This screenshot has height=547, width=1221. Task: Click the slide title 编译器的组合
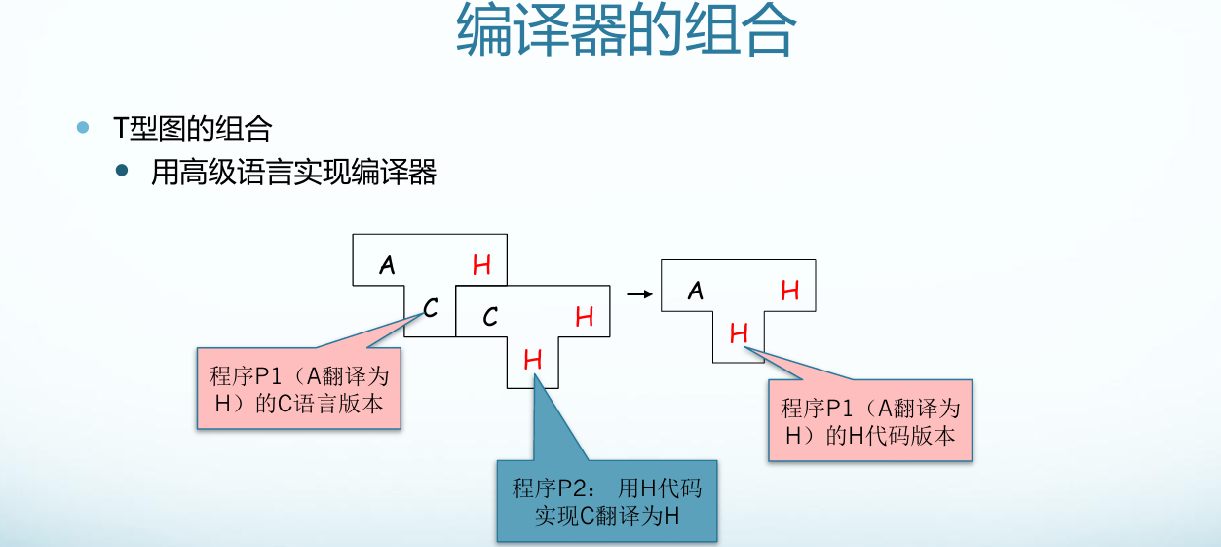click(x=626, y=31)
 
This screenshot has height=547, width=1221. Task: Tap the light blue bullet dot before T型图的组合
click(x=83, y=128)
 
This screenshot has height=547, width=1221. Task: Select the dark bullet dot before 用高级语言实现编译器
click(x=122, y=172)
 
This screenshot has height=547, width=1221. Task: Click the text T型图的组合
click(x=192, y=128)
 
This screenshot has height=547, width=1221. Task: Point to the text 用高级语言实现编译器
click(x=293, y=173)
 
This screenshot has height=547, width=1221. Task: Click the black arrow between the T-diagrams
click(x=638, y=292)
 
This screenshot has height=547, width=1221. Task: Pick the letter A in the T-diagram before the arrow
click(x=388, y=264)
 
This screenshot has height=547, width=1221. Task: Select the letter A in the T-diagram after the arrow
click(x=695, y=290)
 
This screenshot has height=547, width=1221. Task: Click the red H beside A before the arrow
click(x=481, y=264)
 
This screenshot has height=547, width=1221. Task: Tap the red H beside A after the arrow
click(x=789, y=290)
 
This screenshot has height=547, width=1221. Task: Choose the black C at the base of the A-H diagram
click(x=430, y=309)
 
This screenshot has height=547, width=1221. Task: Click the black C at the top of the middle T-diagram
click(x=490, y=317)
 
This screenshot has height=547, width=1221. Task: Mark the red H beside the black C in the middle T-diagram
click(x=584, y=317)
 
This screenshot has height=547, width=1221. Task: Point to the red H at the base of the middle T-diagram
click(x=532, y=360)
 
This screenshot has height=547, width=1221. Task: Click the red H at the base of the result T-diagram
click(x=739, y=334)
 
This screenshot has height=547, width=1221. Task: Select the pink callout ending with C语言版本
click(x=299, y=389)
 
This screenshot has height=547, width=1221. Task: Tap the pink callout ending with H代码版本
click(x=870, y=421)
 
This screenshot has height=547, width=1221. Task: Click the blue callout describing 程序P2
click(x=606, y=501)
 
